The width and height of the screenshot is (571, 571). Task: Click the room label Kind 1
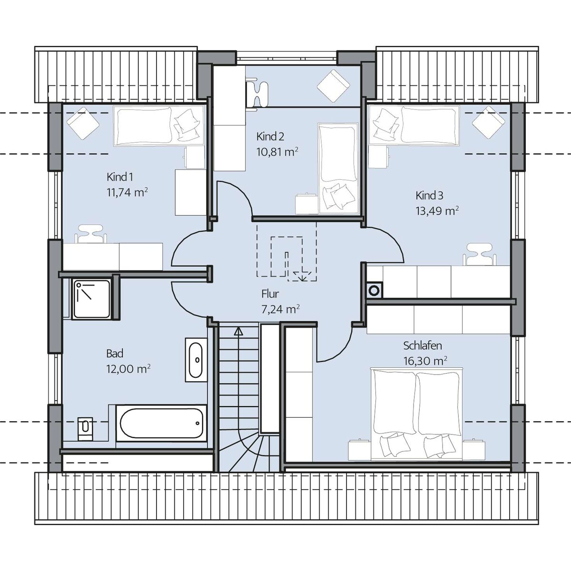click(x=120, y=177)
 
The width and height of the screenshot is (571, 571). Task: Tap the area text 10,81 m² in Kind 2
click(x=277, y=152)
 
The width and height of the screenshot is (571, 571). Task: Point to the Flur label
click(x=270, y=294)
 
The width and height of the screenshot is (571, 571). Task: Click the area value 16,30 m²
click(x=425, y=361)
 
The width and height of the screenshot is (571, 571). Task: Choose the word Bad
click(x=115, y=354)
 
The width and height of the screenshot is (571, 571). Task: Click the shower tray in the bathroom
click(x=91, y=299)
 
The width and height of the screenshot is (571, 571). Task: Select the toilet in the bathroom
click(x=85, y=429)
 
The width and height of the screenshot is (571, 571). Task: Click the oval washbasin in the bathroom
click(x=196, y=360)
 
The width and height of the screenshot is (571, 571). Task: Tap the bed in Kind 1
click(x=159, y=125)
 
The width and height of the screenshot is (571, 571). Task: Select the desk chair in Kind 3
click(x=479, y=255)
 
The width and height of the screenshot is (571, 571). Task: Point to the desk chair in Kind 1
click(x=91, y=235)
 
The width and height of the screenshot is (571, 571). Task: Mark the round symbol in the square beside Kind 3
click(x=375, y=289)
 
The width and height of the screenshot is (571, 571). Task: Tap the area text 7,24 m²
click(x=280, y=309)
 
